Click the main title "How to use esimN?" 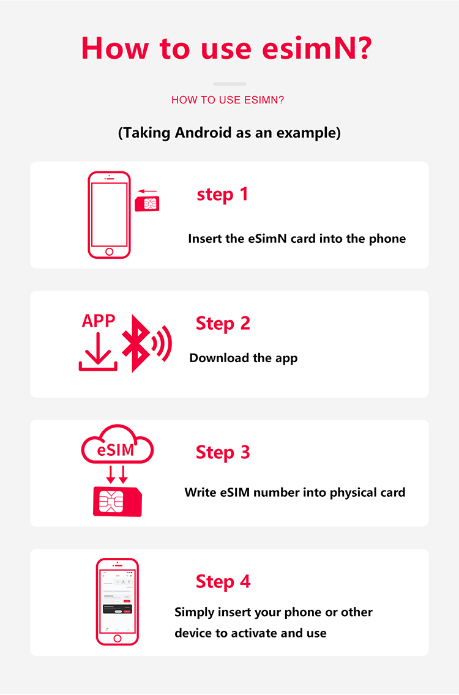pyautogui.click(x=226, y=48)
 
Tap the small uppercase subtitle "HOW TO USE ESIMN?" pyautogui.click(x=228, y=100)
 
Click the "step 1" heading pyautogui.click(x=222, y=195)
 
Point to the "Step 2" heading pyautogui.click(x=223, y=323)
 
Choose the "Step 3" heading pyautogui.click(x=223, y=452)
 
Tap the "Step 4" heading pyautogui.click(x=223, y=581)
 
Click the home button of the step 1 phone pyautogui.click(x=110, y=251)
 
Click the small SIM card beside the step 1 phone pyautogui.click(x=147, y=203)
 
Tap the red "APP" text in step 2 pyautogui.click(x=99, y=321)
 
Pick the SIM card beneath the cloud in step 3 pyautogui.click(x=117, y=501)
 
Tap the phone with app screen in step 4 pyautogui.click(x=118, y=601)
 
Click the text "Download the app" pyautogui.click(x=243, y=359)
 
